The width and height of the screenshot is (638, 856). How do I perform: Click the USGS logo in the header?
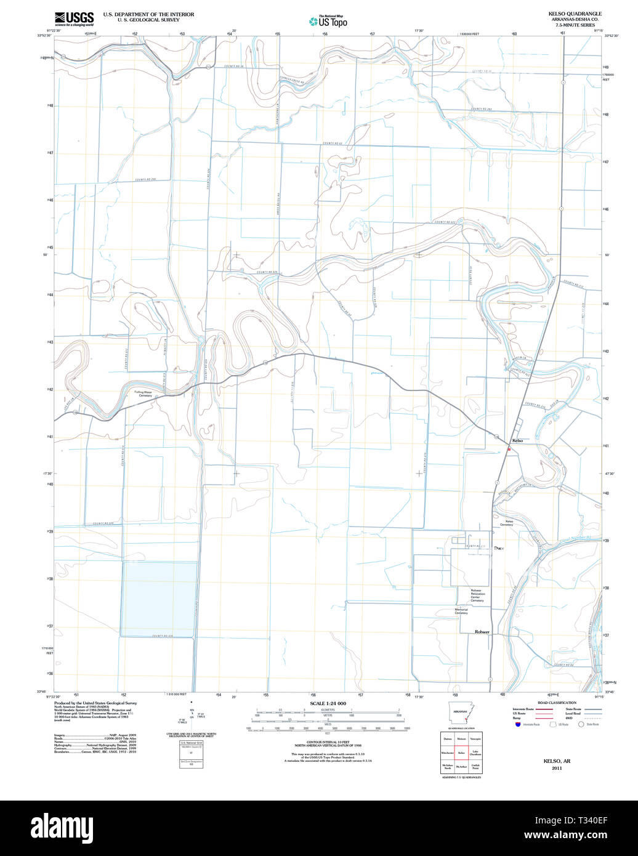click(74, 18)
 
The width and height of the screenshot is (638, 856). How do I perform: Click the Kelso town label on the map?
click(517, 441)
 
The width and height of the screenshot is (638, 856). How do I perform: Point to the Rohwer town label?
click(482, 632)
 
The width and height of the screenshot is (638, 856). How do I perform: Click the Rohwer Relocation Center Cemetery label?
click(478, 594)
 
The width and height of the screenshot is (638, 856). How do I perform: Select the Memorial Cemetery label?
click(461, 612)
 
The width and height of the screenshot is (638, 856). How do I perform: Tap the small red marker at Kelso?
click(509, 450)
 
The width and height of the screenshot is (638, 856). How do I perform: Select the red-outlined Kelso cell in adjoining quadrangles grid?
click(461, 753)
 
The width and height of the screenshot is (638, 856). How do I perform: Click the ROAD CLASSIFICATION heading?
click(557, 703)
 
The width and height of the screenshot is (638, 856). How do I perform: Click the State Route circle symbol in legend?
click(580, 724)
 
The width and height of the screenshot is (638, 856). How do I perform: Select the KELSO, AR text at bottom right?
click(557, 761)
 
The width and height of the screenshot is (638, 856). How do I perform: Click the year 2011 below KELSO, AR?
click(557, 768)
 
